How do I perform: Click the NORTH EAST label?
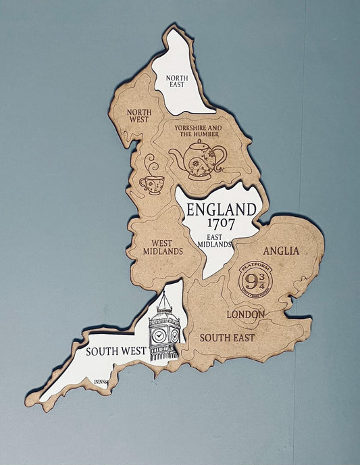coord(179,81)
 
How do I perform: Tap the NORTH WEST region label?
coord(139,116)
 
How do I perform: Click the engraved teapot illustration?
coord(198,160)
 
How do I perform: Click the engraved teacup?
coord(151,185)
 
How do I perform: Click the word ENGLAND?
coord(222,208)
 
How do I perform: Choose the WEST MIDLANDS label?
coord(163,247)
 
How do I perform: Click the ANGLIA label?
coord(281,251)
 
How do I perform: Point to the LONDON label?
coord(245,314)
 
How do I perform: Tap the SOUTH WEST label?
coord(114,351)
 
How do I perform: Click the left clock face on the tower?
coord(159,335)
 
